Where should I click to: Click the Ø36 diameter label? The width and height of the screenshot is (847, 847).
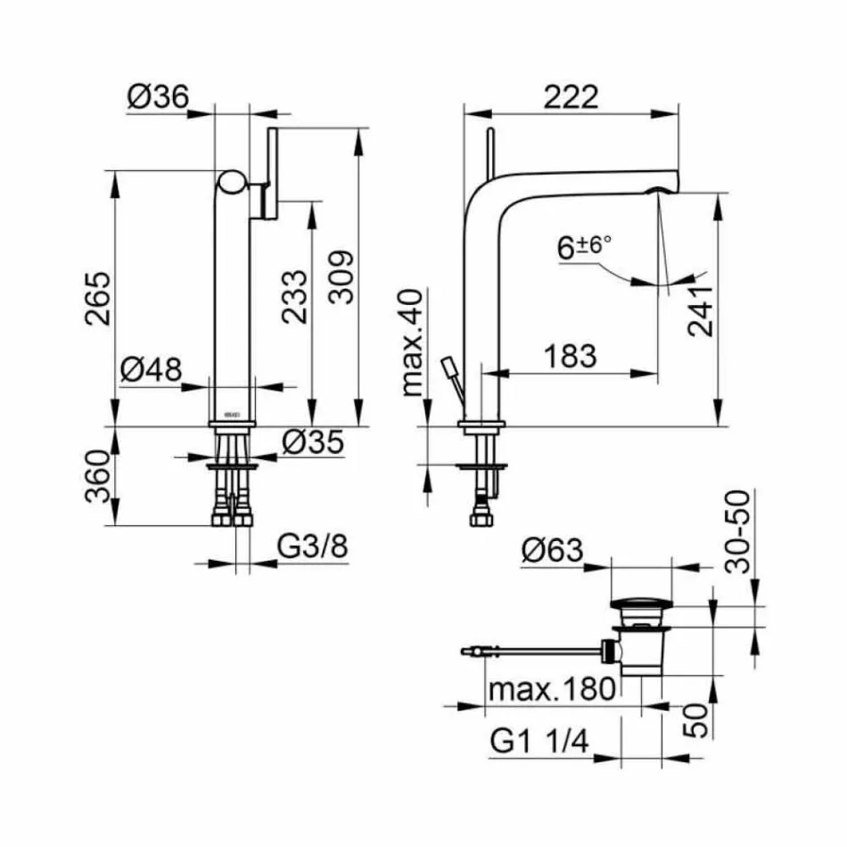(x=157, y=97)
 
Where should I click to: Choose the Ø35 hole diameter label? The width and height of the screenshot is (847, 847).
(x=312, y=442)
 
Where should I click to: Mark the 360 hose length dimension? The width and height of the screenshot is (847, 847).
(x=101, y=477)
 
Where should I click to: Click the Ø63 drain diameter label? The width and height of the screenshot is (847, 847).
(x=553, y=551)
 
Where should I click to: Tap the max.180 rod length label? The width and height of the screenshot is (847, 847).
(x=553, y=688)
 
